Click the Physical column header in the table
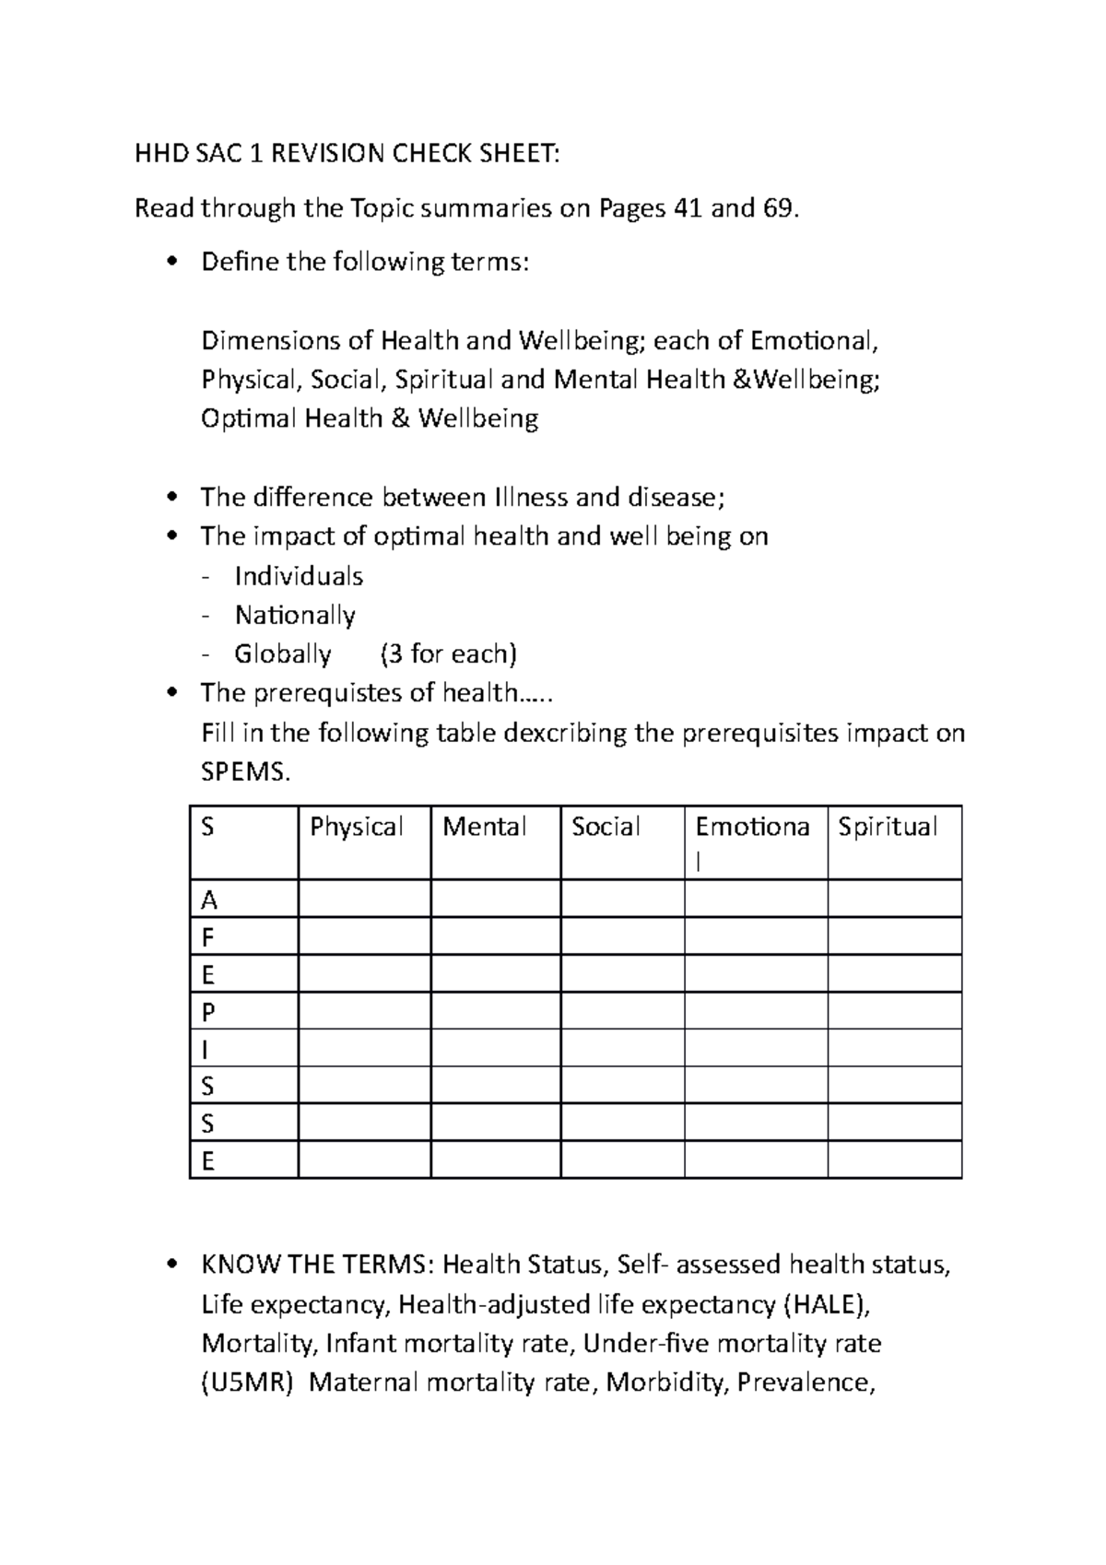(x=357, y=827)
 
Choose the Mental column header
(x=485, y=827)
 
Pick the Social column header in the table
(x=606, y=827)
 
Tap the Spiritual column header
(x=888, y=827)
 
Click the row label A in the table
(x=209, y=900)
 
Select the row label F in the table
(x=207, y=937)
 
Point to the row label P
(x=208, y=1012)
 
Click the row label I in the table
(x=205, y=1050)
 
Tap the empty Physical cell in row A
(x=364, y=899)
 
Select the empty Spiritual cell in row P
(x=894, y=1011)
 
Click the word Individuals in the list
(x=299, y=577)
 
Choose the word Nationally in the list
(x=295, y=615)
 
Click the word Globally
(x=282, y=654)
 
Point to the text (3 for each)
(x=448, y=654)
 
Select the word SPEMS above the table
(x=244, y=772)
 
